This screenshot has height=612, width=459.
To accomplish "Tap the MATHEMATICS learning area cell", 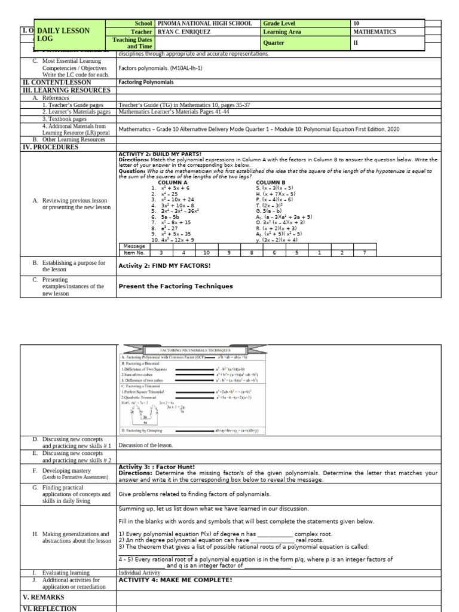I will (374, 32).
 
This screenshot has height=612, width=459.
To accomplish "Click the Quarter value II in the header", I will (356, 43).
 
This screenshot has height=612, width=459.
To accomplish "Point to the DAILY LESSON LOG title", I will (63, 35).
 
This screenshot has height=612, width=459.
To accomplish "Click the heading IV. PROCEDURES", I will (50, 147).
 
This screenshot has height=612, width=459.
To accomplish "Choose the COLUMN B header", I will (271, 182).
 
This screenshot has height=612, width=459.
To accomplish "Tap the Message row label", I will (133, 246).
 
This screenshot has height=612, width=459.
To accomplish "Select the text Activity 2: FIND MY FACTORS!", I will (164, 265).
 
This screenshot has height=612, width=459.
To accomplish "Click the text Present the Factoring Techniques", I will (176, 286).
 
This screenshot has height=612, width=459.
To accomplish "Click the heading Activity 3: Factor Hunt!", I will (155, 467).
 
